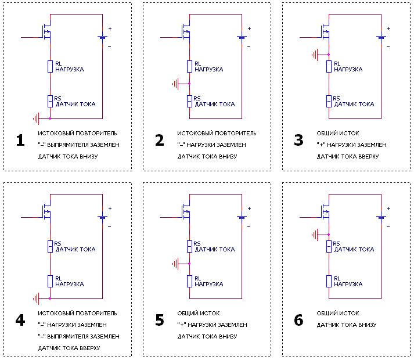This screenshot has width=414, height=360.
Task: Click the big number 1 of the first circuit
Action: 20,141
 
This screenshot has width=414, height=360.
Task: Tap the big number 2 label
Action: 160,141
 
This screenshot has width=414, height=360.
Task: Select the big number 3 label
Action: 299,141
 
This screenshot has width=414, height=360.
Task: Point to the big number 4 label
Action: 20,321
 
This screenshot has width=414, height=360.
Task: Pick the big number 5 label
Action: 160,321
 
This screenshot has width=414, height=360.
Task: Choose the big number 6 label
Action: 299,321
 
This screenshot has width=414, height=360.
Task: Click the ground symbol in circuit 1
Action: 38,119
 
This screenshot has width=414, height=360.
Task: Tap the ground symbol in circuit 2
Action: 177,84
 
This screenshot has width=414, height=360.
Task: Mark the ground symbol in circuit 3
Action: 316,55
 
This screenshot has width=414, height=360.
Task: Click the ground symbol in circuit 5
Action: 177,264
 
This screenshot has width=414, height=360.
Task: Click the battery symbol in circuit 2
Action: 242,38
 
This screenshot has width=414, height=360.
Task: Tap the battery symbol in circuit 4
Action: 102,218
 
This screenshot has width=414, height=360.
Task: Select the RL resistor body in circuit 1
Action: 50,66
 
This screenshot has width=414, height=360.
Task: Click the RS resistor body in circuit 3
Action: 329,101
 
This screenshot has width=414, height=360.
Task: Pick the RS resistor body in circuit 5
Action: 189,246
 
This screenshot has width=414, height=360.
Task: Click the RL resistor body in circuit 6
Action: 329,281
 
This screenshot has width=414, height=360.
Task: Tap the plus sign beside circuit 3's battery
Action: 388,28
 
